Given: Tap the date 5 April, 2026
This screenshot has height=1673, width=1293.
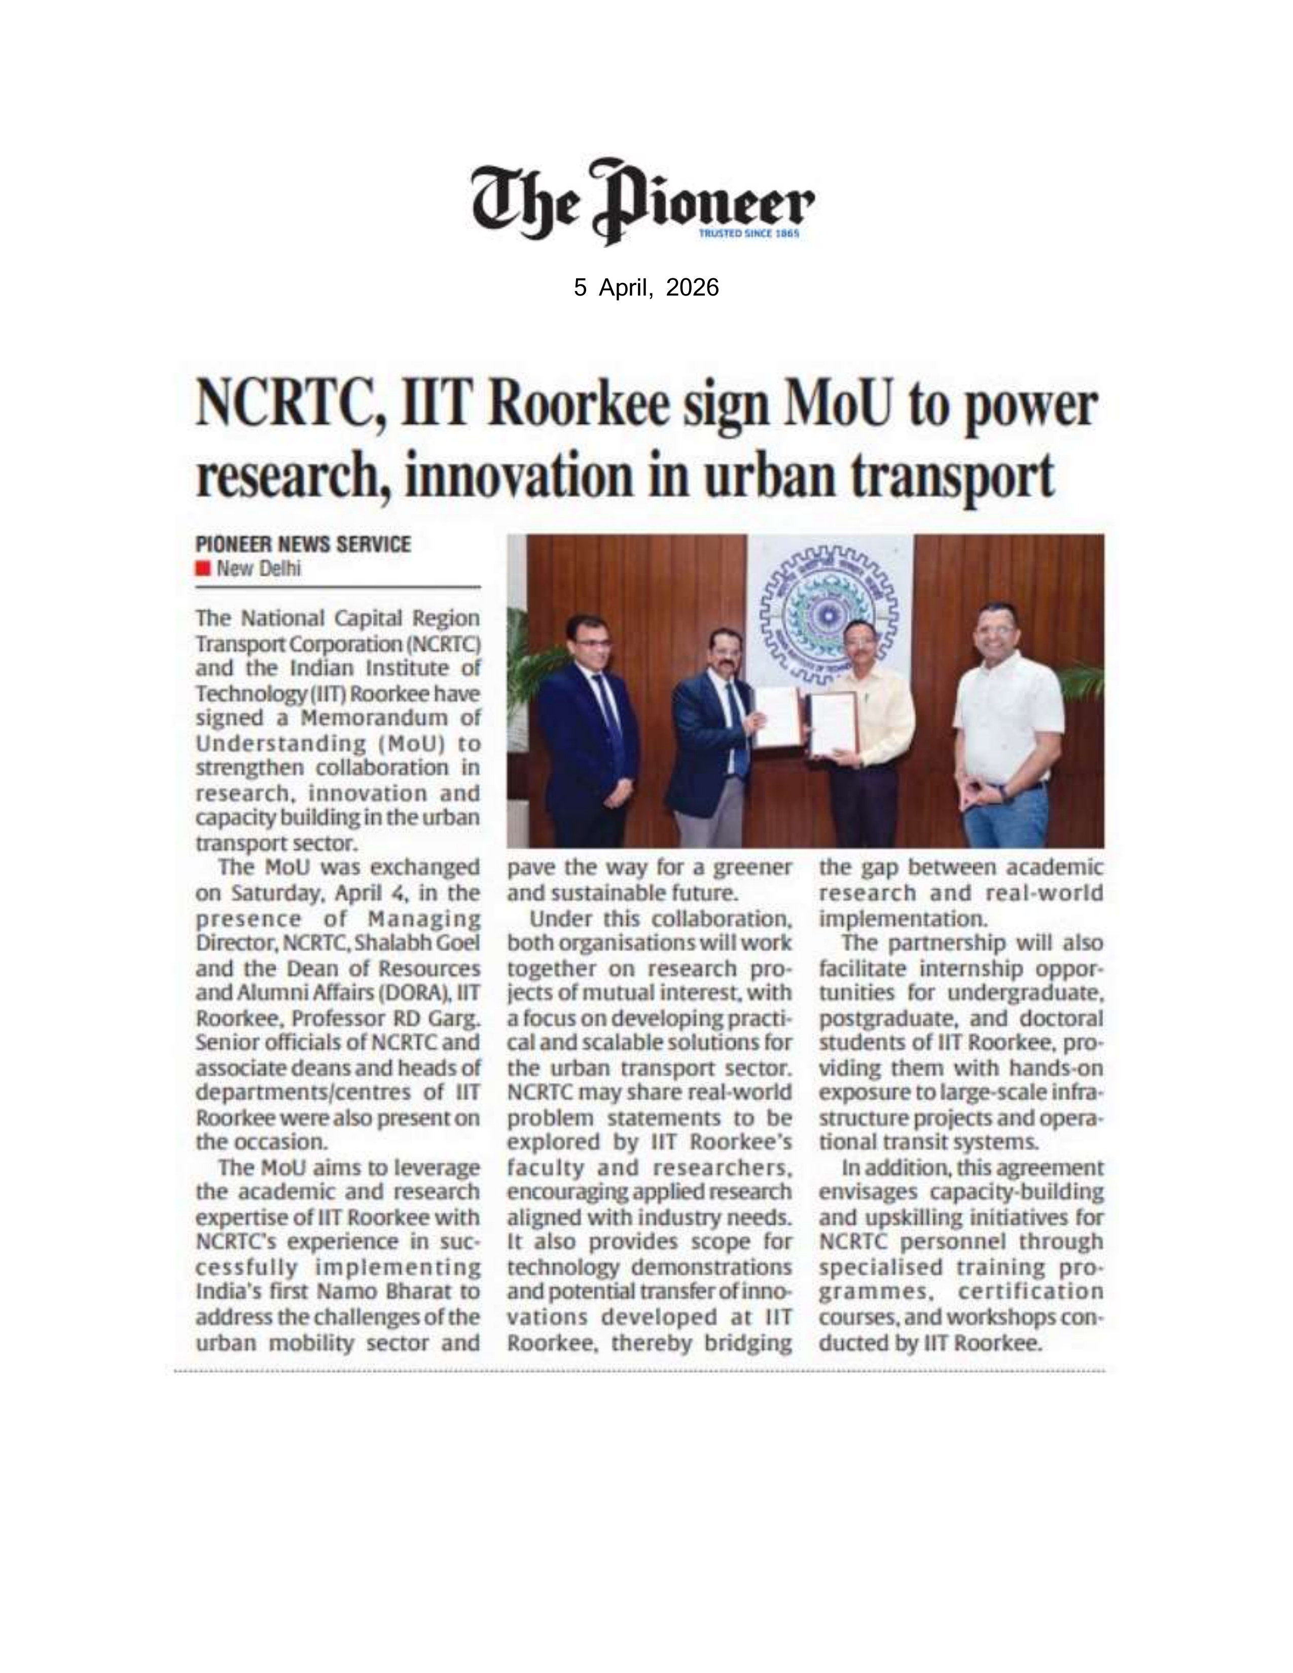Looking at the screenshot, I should (645, 287).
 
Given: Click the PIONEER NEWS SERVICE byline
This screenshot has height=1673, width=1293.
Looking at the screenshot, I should (303, 544).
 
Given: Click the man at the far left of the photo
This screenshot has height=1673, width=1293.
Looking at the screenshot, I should (588, 728).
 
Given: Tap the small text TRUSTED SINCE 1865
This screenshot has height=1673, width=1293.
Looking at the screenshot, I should (749, 234).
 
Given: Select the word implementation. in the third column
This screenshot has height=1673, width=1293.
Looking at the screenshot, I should (888, 918).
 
